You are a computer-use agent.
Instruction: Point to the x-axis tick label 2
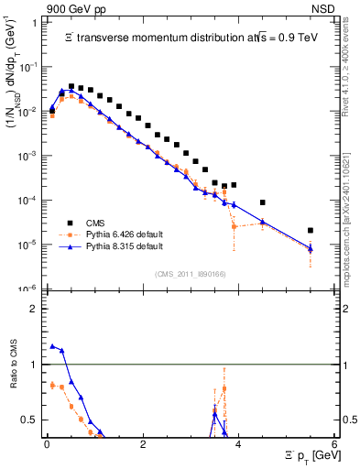(x=142, y=443)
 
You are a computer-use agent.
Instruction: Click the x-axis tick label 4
(x=238, y=443)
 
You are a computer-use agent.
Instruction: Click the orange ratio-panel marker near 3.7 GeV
(x=224, y=388)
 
